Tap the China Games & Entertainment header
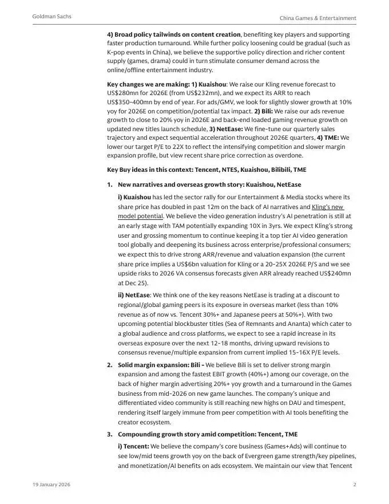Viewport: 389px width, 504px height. coord(317,18)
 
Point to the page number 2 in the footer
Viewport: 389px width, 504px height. coord(355,485)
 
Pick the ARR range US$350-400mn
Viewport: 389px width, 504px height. coord(131,101)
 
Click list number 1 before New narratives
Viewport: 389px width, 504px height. coord(109,184)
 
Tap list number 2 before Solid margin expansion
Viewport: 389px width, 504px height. coord(109,365)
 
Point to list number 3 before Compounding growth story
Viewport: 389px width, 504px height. coord(109,435)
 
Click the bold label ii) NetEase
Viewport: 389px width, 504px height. coord(134,295)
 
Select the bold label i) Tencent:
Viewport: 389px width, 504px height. coord(133,446)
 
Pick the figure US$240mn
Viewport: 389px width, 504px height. coord(334,274)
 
